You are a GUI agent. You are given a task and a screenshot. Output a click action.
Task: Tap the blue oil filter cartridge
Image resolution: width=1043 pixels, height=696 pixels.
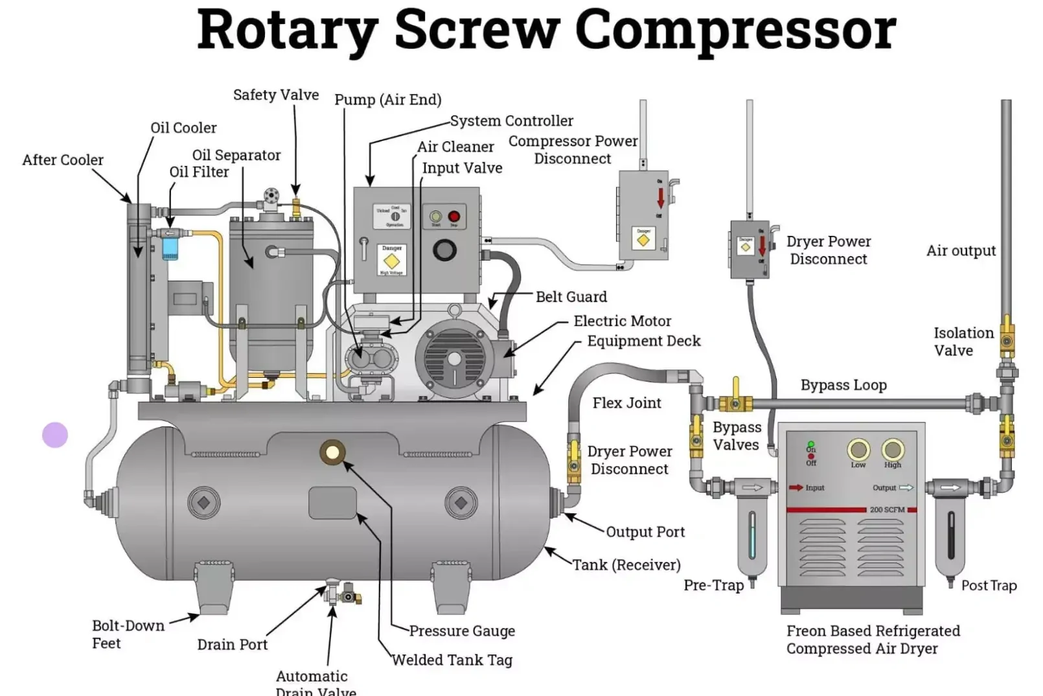pos(170,248)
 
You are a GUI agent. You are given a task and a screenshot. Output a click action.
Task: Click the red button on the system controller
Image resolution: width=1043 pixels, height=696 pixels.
pos(453,217)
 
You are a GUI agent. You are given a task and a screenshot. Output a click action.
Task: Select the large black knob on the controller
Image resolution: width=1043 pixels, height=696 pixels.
pos(444,249)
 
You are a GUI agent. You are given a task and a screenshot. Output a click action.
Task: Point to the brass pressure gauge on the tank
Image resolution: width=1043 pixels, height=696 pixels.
pos(332,452)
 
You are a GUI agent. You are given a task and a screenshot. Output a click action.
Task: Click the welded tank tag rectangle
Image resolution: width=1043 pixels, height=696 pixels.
pos(332,503)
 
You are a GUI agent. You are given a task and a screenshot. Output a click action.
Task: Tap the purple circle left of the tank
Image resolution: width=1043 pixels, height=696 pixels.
pos(55,435)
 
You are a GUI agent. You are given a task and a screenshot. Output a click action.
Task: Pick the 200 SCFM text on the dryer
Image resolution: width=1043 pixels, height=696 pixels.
pos(887,510)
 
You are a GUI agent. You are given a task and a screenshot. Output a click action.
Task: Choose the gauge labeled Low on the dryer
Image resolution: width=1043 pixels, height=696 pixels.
pos(858,450)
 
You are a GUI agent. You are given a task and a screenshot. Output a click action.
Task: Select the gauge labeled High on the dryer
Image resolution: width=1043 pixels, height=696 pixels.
pos(893,450)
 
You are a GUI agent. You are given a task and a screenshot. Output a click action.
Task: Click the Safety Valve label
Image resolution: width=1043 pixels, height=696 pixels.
pos(276,95)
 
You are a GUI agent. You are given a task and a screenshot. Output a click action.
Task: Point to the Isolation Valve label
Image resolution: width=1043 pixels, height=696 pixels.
pos(963,342)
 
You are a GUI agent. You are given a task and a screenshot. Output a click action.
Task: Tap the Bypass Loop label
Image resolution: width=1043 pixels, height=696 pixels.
pos(843,385)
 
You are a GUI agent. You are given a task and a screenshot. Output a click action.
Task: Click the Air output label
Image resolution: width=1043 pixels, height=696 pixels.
pos(961,251)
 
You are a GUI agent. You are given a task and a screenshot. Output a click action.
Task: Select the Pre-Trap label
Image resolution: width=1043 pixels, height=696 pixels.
pos(713,585)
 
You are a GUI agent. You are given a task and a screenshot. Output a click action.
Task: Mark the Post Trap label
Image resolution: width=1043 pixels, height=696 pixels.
pos(989,585)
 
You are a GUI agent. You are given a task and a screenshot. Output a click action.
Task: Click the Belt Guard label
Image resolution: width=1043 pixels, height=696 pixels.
pos(571,297)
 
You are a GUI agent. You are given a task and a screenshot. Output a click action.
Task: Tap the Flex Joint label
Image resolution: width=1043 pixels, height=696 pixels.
pos(626,403)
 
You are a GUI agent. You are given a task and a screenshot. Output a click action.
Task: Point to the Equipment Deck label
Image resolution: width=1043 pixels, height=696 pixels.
pos(643,341)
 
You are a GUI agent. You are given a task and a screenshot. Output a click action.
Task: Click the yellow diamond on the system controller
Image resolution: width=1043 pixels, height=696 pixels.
pos(391,261)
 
